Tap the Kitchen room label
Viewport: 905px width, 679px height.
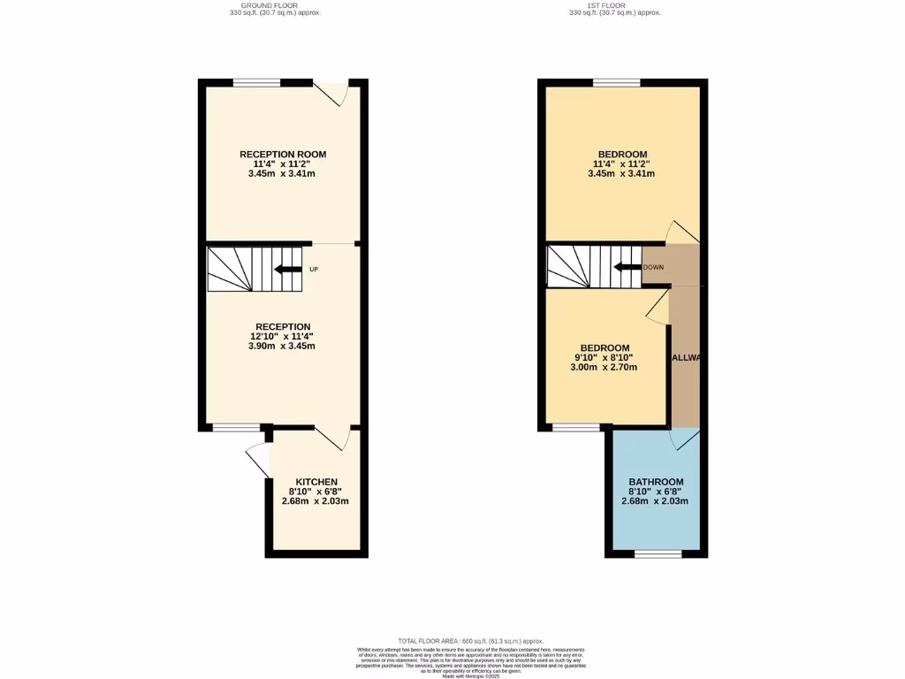(x=316, y=481)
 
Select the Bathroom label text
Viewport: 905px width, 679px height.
(x=656, y=482)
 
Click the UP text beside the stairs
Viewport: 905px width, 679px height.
(x=313, y=270)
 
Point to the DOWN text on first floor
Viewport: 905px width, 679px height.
(x=653, y=267)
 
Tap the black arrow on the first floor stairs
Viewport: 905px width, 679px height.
(x=627, y=267)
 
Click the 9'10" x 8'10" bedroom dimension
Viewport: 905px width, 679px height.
(x=605, y=358)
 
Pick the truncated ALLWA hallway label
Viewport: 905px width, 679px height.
(x=686, y=358)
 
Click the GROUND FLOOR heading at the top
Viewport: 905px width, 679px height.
(x=270, y=5)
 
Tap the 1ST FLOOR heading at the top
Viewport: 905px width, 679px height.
(x=614, y=5)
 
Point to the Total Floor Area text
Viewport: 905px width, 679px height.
(x=470, y=641)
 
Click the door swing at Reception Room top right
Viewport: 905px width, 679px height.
(x=334, y=94)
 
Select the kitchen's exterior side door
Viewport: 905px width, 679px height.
(x=258, y=460)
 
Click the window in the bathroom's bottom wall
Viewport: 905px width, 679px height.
(x=658, y=554)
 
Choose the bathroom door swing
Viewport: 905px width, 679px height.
(x=685, y=439)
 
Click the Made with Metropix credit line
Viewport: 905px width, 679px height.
(x=470, y=676)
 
